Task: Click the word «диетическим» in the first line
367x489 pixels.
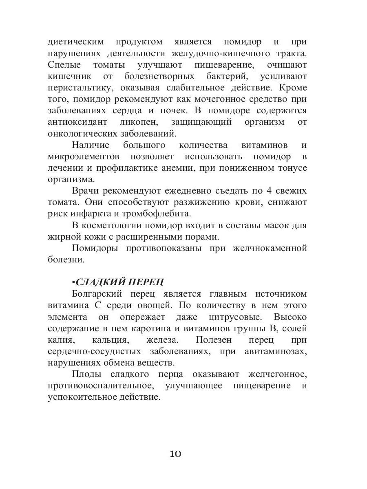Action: click(x=75, y=42)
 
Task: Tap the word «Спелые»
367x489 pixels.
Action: click(x=64, y=65)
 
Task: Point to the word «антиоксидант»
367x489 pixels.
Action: click(x=77, y=122)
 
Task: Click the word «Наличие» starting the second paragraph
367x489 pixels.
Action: click(x=91, y=145)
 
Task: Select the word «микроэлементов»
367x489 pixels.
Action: click(x=84, y=156)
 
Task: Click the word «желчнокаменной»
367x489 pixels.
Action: click(x=270, y=248)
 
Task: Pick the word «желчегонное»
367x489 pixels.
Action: click(x=277, y=374)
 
